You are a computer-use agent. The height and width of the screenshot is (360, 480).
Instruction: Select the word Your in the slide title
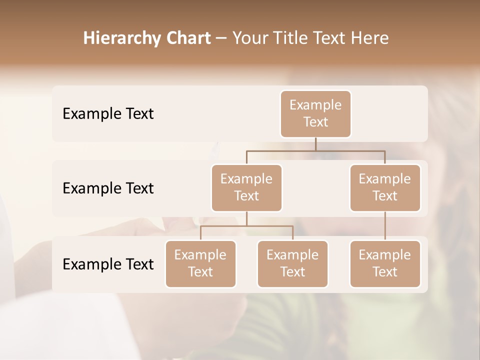(249, 38)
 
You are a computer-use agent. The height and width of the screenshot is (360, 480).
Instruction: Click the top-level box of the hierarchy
(315, 113)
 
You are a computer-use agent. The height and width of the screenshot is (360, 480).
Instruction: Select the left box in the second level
(246, 187)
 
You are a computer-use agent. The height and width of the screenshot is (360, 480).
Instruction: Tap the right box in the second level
(385, 187)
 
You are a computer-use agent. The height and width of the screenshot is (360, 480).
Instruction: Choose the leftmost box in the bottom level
(200, 263)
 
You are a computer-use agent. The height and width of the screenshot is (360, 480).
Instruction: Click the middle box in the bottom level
(292, 263)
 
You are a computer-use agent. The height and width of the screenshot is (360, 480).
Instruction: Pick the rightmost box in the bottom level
(385, 263)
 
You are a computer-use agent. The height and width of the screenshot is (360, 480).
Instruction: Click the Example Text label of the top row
(108, 114)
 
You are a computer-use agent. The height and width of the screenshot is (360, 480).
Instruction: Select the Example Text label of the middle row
(108, 188)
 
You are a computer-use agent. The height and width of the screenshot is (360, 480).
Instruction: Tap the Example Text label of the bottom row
(108, 264)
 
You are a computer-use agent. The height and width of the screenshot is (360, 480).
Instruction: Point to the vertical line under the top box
(315, 144)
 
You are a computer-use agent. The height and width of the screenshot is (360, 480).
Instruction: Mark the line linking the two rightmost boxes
(385, 225)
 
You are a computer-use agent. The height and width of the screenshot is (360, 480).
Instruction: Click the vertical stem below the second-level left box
(246, 218)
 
